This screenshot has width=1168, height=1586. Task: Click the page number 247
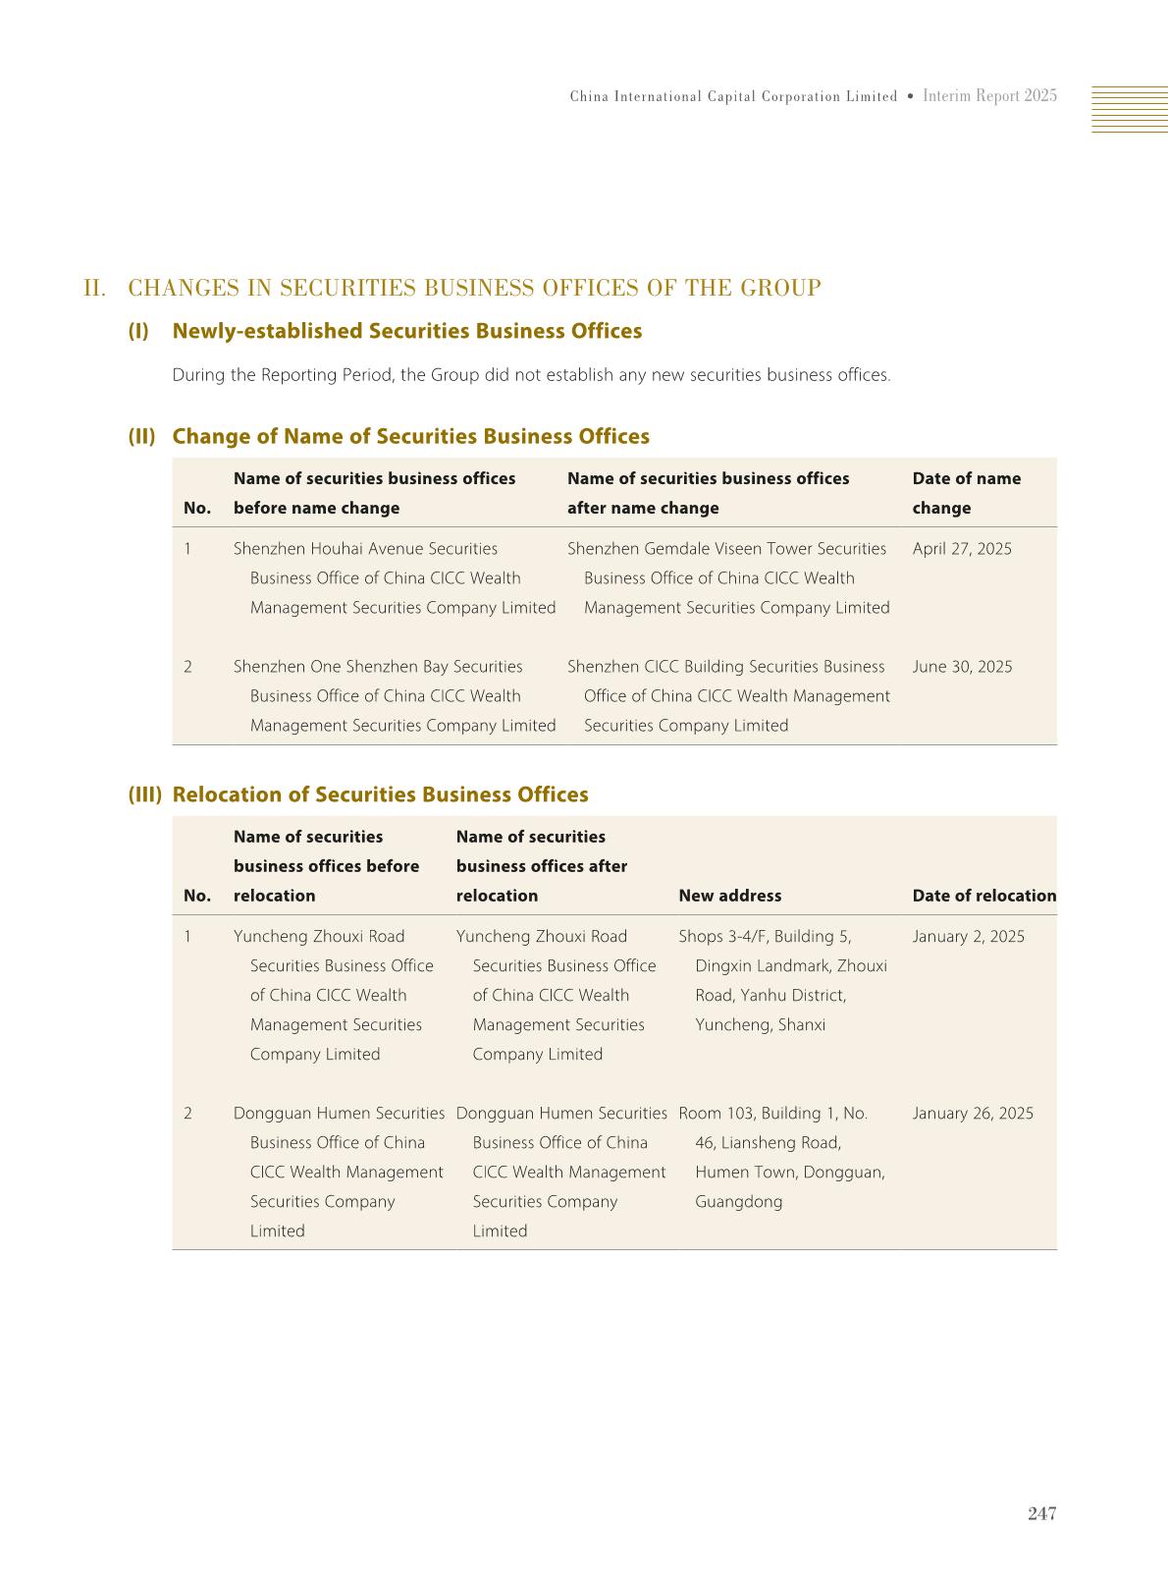[x=1041, y=1513]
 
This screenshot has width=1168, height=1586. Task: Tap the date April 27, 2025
[x=961, y=549]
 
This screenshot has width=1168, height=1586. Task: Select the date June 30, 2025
[x=962, y=667]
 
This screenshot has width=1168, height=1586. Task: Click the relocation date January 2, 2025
[x=968, y=937]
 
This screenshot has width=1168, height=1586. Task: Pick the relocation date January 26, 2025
[x=972, y=1114]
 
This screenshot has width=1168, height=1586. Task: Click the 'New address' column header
[x=729, y=896]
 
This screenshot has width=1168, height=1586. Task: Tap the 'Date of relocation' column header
[x=983, y=896]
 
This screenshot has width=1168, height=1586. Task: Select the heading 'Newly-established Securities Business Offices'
[x=406, y=331]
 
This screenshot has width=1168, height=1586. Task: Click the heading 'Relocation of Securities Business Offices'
[x=380, y=794]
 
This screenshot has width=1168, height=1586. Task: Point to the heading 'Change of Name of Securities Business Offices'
[x=410, y=436]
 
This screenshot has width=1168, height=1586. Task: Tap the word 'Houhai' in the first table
[x=339, y=549]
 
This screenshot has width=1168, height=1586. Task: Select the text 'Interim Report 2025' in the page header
[x=989, y=96]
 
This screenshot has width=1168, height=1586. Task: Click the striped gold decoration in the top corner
[x=1129, y=109]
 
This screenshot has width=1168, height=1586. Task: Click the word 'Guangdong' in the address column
[x=738, y=1202]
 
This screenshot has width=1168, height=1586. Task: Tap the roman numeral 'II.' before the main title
[x=95, y=289]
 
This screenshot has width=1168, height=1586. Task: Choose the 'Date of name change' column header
[x=966, y=493]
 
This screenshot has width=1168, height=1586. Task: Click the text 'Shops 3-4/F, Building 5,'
[x=765, y=937]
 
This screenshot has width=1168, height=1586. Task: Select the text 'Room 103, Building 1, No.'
[x=772, y=1114]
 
